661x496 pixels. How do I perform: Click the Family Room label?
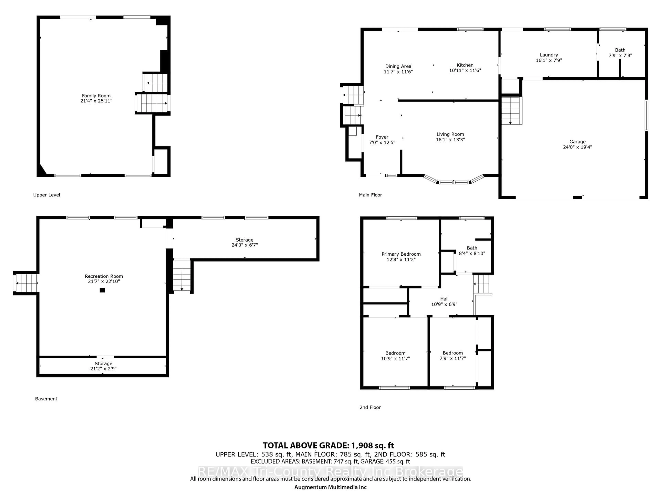pos(96,96)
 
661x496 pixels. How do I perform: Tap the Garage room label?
pos(577,142)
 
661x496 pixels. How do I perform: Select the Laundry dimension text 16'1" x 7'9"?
pos(549,60)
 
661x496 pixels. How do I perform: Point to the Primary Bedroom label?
pos(401,254)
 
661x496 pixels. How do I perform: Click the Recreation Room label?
pos(104,276)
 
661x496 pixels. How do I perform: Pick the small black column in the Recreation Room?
pos(102,290)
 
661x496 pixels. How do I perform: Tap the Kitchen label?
pos(465,65)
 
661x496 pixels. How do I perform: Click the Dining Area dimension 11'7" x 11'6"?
pos(398,72)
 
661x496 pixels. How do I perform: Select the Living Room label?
pos(450,134)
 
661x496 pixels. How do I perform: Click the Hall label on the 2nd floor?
pos(444,299)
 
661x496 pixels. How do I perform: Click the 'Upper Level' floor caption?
pos(47,195)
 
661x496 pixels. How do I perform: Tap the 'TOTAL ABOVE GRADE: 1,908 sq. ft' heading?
pos(328,446)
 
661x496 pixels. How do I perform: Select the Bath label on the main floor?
pos(620,50)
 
